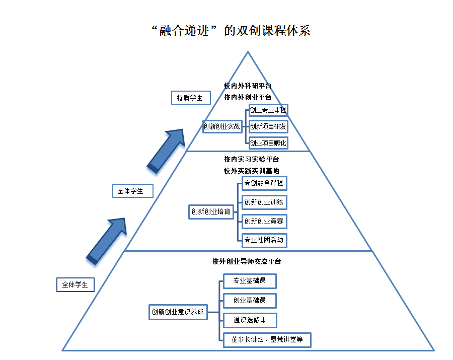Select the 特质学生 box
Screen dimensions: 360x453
pos(190,98)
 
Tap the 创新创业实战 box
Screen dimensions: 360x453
pos(222,126)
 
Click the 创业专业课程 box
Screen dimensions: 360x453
pos(268,109)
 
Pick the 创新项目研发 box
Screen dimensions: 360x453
pos(268,126)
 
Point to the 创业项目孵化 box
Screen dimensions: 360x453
pos(268,143)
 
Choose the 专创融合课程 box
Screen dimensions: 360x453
pos(264,183)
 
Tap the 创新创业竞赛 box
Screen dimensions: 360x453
pos(264,221)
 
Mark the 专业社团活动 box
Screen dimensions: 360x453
pos(264,240)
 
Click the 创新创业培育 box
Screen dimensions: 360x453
pos(211,212)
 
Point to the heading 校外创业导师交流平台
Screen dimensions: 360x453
pos(247,262)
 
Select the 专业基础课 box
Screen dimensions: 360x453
pos(250,280)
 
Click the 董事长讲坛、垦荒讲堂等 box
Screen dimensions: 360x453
pos(267,340)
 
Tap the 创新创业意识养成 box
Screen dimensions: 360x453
pos(178,312)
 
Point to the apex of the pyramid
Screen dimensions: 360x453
pos(248,52)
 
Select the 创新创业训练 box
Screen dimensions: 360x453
pos(264,202)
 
